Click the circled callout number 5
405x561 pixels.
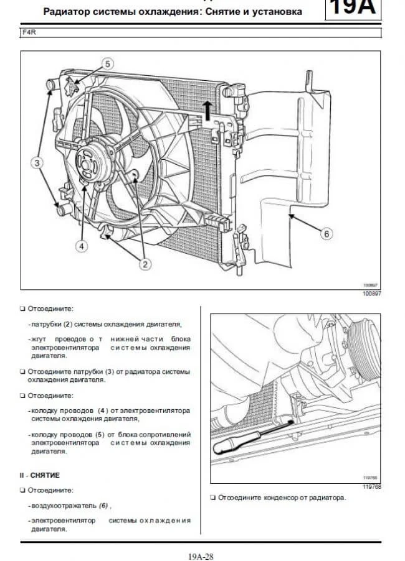(x=107, y=64)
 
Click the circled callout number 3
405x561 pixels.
(x=37, y=163)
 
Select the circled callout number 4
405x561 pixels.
(x=81, y=246)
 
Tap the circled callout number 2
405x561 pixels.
(x=145, y=264)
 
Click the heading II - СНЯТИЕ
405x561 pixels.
(x=40, y=475)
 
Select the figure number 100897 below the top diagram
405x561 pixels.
(x=371, y=293)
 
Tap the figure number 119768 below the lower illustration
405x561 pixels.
(x=371, y=487)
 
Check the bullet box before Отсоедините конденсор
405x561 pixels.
(x=213, y=498)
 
